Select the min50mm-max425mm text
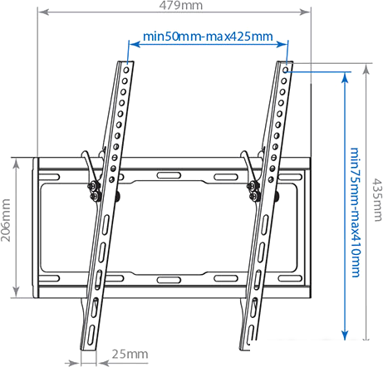(x=208, y=37)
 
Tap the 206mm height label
(x=7, y=225)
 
